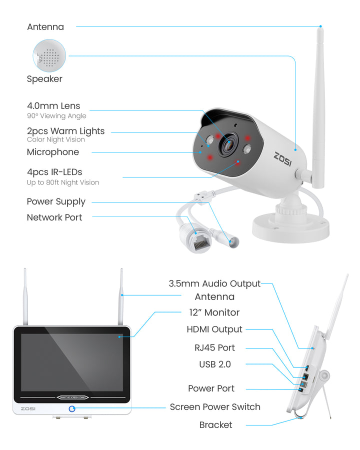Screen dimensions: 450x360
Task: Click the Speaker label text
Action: coord(44,79)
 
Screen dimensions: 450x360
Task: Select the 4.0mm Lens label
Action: coord(53,106)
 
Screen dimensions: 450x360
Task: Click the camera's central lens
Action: coord(229,143)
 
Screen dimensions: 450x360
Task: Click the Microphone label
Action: coord(53,152)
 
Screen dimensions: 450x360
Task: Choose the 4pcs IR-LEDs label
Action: coord(54,172)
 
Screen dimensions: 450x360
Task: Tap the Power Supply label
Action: coord(56,202)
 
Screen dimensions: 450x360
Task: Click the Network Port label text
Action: coord(54,217)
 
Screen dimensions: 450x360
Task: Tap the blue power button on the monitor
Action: coord(72,408)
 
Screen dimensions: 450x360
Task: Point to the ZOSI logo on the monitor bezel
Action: coord(28,408)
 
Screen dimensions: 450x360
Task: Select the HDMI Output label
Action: coord(214,329)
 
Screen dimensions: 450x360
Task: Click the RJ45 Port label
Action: coord(214,348)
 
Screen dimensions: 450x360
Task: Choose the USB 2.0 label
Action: coord(215,364)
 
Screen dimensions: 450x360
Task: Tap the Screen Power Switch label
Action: coord(215,407)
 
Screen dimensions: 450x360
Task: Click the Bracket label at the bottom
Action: coord(215,425)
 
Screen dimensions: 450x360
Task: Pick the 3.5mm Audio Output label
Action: coord(214,284)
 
